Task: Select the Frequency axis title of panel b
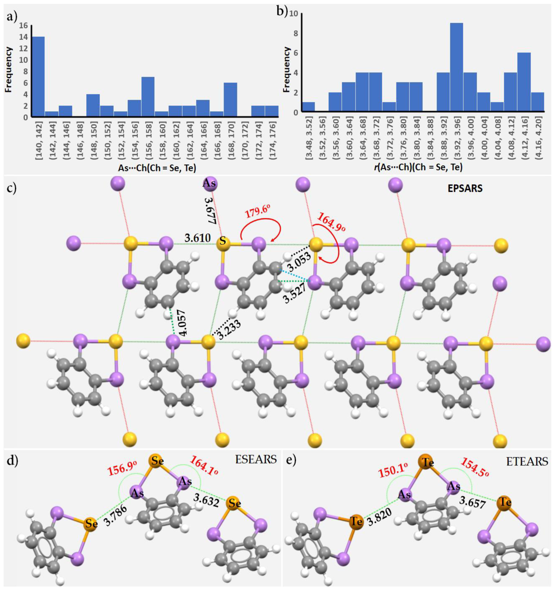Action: [x=287, y=69]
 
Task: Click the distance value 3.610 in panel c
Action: [x=198, y=238]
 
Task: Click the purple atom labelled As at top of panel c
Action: [x=209, y=183]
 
